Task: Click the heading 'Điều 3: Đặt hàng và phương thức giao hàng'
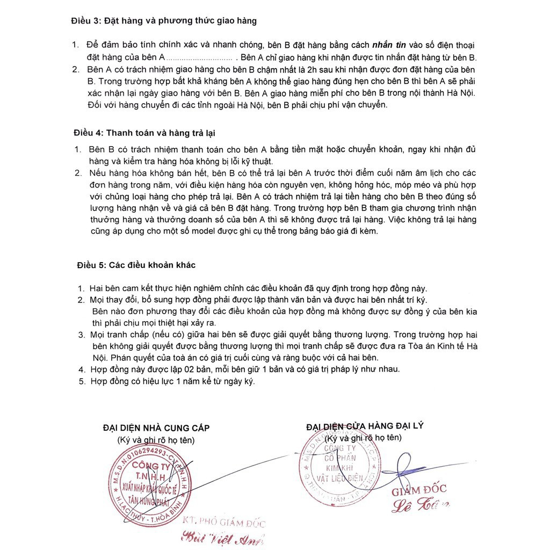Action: [164, 21]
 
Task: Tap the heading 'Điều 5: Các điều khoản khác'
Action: [136, 265]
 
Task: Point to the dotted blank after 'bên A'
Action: [199, 57]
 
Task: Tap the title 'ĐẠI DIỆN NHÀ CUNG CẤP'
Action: [156, 428]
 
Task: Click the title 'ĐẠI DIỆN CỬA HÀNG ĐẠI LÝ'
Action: [365, 426]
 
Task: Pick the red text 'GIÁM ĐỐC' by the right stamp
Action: [418, 490]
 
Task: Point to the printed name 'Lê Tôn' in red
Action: [421, 504]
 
